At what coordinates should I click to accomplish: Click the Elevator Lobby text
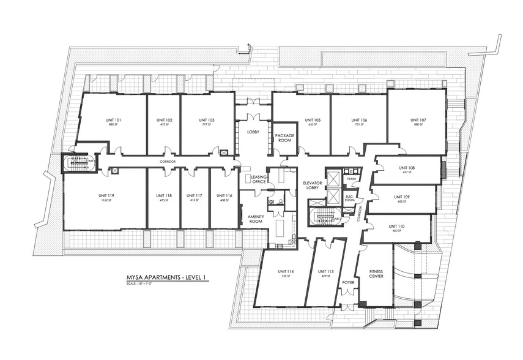click(x=313, y=185)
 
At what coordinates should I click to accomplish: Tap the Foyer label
click(x=349, y=283)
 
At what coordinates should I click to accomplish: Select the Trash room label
click(x=351, y=179)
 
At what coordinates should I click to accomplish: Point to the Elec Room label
click(x=350, y=197)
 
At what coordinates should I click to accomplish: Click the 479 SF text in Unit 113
click(x=325, y=276)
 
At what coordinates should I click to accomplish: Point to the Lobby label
click(x=254, y=132)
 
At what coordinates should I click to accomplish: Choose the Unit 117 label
click(x=194, y=195)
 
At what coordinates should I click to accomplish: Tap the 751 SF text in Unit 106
click(x=359, y=124)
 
